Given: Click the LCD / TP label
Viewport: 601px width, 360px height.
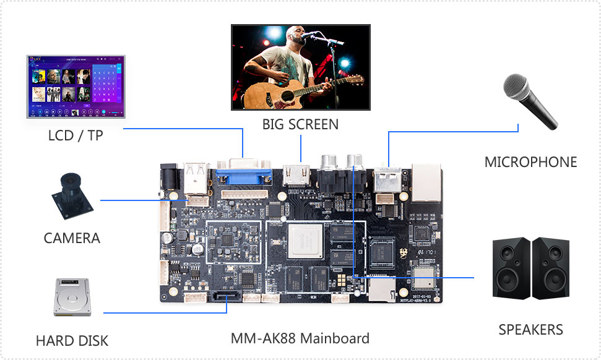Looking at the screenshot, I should point(76,135).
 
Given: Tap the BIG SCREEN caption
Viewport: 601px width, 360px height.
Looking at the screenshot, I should point(300,124).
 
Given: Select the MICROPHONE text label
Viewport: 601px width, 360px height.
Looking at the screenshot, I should point(530,162).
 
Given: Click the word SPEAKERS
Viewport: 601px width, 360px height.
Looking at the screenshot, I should point(530,330).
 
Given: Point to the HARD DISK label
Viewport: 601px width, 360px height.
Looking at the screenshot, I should point(72,340).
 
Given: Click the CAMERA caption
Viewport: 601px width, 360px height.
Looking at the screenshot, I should point(72,238).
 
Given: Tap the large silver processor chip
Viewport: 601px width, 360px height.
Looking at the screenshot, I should point(305,241).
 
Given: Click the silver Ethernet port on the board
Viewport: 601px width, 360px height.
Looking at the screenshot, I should point(426,183).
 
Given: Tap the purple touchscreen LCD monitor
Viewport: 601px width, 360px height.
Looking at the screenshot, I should point(75,86).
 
